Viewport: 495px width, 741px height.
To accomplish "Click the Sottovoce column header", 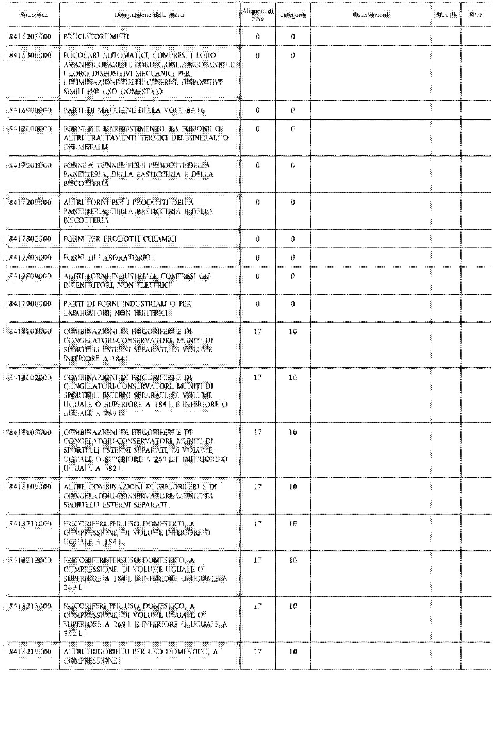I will click(x=34, y=15).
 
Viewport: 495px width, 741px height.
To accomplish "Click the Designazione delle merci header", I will click(x=149, y=15).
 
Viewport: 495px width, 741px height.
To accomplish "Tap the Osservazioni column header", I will click(x=371, y=15).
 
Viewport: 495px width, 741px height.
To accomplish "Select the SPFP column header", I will click(x=476, y=15).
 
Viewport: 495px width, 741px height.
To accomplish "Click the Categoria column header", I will click(x=293, y=15).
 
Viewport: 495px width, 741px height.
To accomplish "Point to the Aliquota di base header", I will click(x=258, y=15).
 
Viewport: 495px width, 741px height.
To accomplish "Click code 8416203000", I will click(x=30, y=37).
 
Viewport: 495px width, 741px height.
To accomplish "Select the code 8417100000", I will click(x=30, y=129).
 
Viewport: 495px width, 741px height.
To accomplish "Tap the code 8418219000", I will click(x=30, y=652).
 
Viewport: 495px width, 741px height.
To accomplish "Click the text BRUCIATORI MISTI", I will click(x=96, y=37).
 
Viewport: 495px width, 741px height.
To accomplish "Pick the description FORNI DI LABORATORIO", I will click(x=107, y=258).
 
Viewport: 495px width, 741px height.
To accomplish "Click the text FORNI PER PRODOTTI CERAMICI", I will click(x=120, y=239).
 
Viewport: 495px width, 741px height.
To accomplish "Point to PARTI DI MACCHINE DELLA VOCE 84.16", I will click(x=134, y=110).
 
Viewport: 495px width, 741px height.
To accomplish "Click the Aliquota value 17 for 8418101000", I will click(x=258, y=331).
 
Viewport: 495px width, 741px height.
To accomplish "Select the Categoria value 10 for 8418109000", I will click(x=293, y=487).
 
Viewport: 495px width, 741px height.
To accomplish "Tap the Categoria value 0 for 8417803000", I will click(x=293, y=258).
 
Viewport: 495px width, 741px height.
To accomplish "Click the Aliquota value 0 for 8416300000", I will click(x=258, y=56).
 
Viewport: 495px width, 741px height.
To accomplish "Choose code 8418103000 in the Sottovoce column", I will click(x=30, y=432).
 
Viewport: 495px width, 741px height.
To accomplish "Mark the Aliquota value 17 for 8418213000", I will click(x=258, y=606).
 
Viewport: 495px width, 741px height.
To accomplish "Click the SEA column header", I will click(x=446, y=15).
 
